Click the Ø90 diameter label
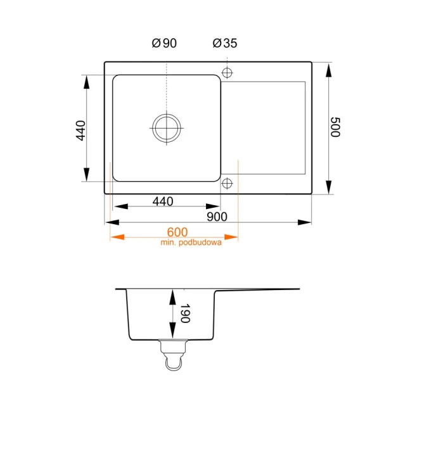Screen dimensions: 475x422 [x=164, y=44]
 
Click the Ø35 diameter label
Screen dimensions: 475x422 [x=225, y=44]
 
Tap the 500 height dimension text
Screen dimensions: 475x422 [x=336, y=128]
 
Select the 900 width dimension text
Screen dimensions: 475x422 [x=217, y=217]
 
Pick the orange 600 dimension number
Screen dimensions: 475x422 [x=178, y=232]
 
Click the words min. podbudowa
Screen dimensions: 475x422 [x=191, y=243]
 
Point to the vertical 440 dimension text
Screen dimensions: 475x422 [x=81, y=129]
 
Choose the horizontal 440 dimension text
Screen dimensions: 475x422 [x=163, y=201]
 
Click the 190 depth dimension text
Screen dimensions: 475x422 [x=184, y=314]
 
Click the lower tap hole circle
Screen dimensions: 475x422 [x=227, y=184]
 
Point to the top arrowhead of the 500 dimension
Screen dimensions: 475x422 [x=329, y=70]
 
